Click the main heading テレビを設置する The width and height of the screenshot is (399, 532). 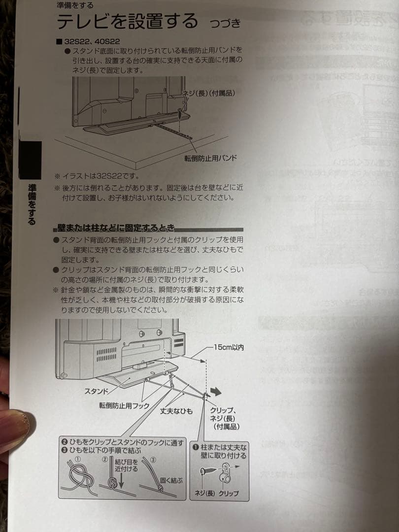pos(128,22)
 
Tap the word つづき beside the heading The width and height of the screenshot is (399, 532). pos(225,23)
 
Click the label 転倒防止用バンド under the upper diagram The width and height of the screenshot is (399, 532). pos(211,158)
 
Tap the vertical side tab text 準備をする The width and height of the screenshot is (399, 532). pos(32,204)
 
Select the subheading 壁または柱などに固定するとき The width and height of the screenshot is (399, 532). pos(116,228)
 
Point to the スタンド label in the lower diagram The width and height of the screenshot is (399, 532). pos(97,392)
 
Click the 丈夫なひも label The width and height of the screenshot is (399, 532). pos(176,410)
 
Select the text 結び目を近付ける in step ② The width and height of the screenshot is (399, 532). pos(126,465)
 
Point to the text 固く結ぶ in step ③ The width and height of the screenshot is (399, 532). pos(170,481)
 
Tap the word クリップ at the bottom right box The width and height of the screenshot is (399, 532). pos(229,493)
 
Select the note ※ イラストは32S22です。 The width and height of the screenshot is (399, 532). pos(97,176)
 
